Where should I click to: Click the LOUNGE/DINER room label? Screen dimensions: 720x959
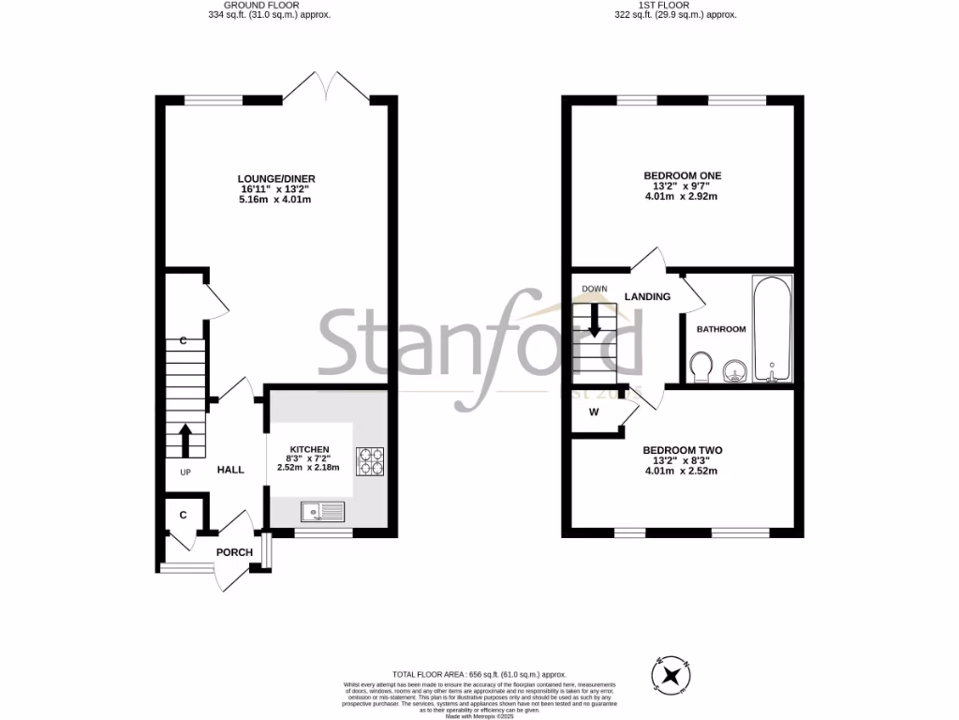(x=274, y=177)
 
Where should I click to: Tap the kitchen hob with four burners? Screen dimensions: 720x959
(x=369, y=460)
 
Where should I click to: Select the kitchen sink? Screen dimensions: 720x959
(x=323, y=511)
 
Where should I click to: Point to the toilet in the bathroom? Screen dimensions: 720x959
(x=700, y=367)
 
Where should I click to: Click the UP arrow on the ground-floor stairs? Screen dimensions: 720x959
(x=184, y=440)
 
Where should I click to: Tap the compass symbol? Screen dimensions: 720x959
(x=671, y=676)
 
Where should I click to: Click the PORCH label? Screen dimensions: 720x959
(x=234, y=552)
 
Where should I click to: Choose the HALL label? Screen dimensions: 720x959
(x=230, y=470)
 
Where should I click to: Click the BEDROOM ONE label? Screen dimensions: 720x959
(x=682, y=175)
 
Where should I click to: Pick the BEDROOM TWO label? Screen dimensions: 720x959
(x=682, y=450)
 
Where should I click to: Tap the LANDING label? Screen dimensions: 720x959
(x=647, y=297)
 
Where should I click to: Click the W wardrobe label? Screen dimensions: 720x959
(x=594, y=412)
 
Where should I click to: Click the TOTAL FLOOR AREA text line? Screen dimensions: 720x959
(x=479, y=674)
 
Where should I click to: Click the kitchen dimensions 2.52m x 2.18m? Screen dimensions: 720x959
(x=309, y=468)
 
